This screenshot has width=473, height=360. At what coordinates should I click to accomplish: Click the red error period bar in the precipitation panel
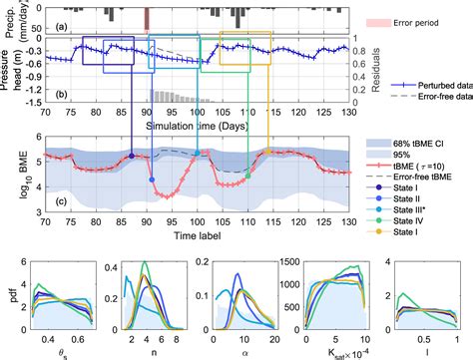click(x=148, y=17)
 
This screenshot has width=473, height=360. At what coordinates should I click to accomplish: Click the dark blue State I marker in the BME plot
click(x=132, y=156)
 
